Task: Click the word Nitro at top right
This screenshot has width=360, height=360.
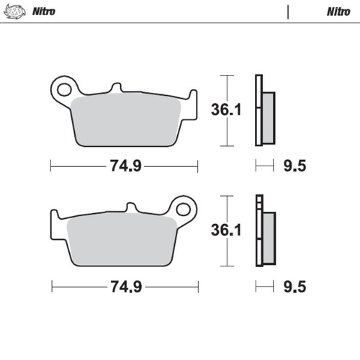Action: [x=338, y=12]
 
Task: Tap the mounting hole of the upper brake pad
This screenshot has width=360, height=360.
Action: [x=65, y=89]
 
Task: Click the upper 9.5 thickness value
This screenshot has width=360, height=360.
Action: [x=295, y=166]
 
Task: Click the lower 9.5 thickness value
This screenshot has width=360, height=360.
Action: [x=295, y=287]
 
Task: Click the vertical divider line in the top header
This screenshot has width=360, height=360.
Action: [x=288, y=12]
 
